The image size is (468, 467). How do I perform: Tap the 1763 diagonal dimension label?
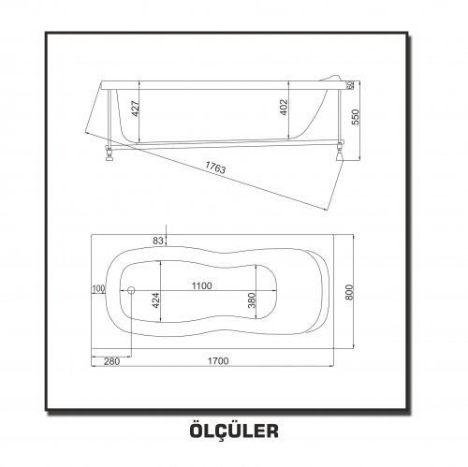click(215, 168)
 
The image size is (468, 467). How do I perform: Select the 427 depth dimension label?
click(136, 109)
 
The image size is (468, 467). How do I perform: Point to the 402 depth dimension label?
click(284, 108)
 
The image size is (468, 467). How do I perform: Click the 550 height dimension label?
click(356, 117)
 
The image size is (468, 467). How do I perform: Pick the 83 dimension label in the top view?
click(158, 241)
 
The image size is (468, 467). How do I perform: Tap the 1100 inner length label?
click(201, 285)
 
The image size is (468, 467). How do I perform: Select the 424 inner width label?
click(155, 300)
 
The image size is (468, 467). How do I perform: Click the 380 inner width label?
click(252, 300)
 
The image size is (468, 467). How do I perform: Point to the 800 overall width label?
click(349, 292)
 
